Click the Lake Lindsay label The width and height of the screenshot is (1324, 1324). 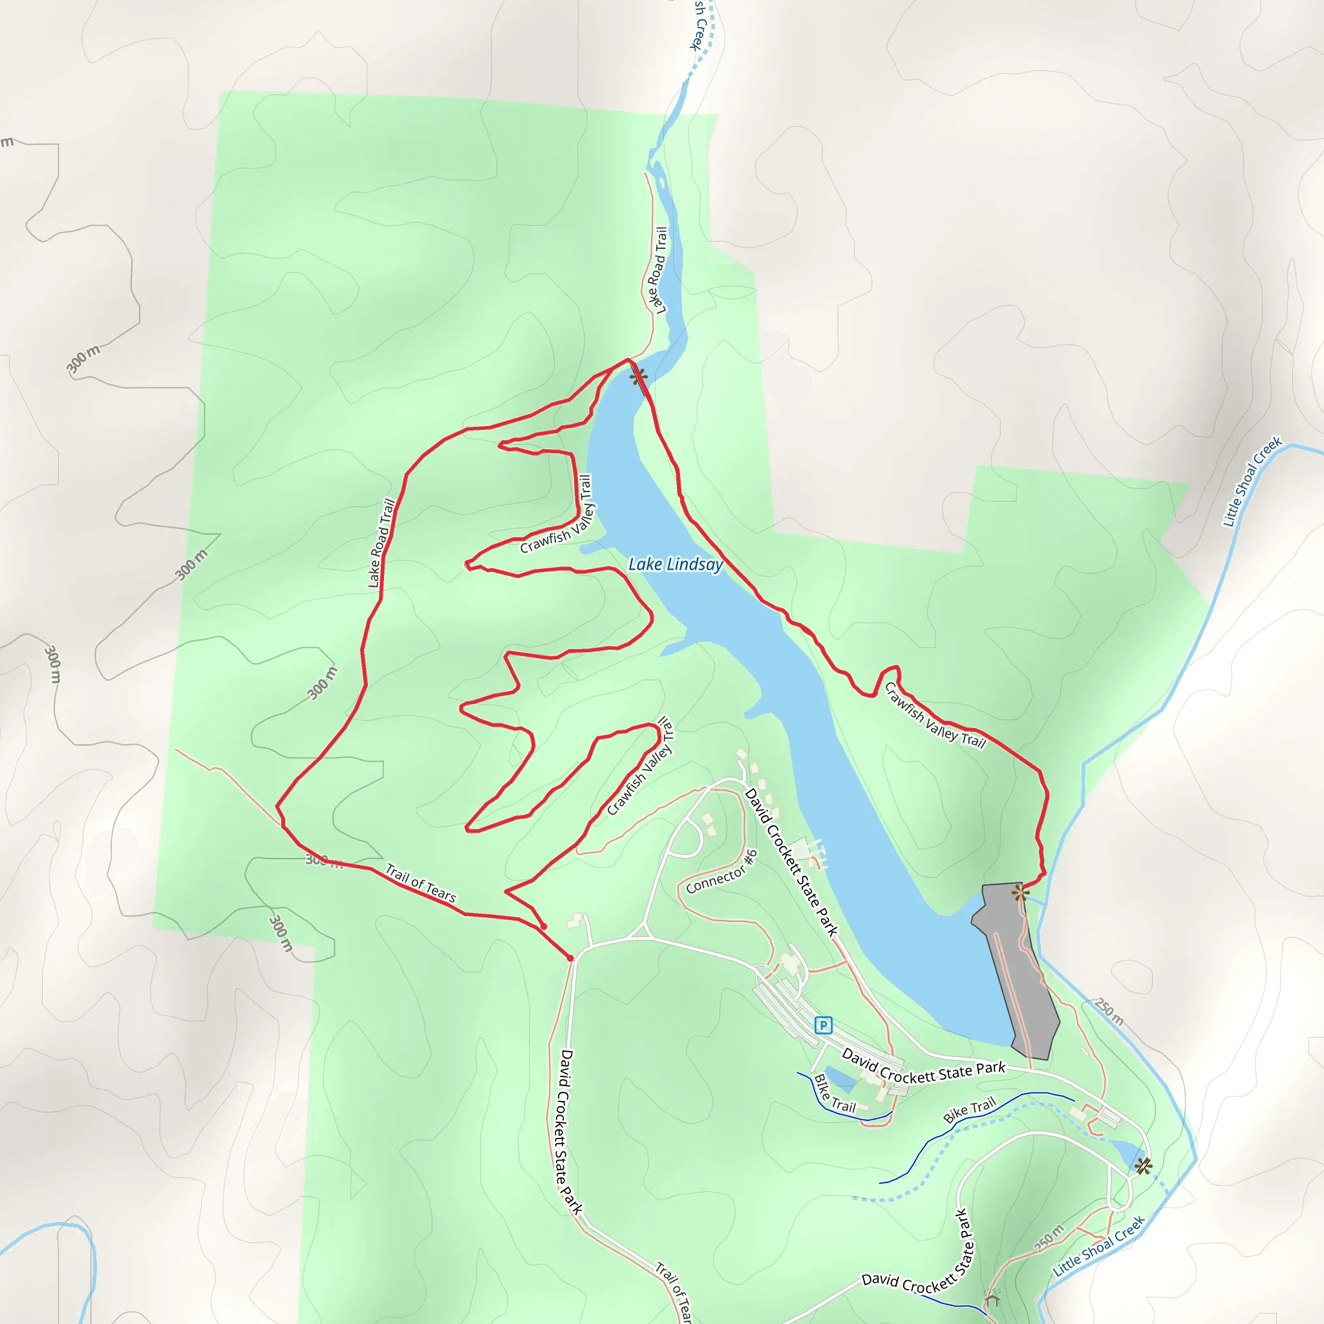click(676, 564)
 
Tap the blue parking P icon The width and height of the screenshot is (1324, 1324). click(823, 1025)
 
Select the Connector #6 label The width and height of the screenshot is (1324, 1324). click(721, 871)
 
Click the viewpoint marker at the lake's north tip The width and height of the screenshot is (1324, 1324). click(639, 376)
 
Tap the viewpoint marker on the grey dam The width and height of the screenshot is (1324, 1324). click(1020, 892)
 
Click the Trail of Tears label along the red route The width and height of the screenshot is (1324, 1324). click(420, 882)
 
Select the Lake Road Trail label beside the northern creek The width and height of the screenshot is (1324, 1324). click(657, 270)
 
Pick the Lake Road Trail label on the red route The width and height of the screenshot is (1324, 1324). click(381, 543)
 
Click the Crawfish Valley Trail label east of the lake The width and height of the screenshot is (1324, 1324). click(935, 716)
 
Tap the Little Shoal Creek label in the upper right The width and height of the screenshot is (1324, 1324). click(1252, 481)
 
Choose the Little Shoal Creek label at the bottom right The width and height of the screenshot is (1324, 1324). click(1098, 1246)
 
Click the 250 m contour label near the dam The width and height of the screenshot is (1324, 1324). click(1109, 1012)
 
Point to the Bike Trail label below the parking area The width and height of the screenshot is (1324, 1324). click(835, 1094)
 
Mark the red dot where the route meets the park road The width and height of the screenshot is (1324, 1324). click(570, 958)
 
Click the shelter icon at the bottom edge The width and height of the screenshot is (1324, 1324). click(992, 1297)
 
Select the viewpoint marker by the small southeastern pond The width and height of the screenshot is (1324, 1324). click(1142, 1166)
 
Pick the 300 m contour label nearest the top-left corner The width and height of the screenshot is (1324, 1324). click(83, 359)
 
